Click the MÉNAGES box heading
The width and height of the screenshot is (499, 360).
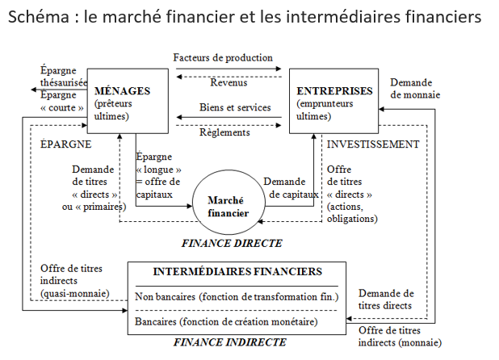tap(122, 90)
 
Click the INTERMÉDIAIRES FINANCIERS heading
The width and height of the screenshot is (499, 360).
tap(237, 272)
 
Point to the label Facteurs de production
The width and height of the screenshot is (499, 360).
tap(223, 58)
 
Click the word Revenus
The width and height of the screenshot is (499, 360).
tap(229, 82)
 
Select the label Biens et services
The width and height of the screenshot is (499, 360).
tap(235, 107)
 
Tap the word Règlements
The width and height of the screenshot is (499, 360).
tap(224, 132)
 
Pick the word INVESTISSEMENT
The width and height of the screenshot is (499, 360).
tap(372, 144)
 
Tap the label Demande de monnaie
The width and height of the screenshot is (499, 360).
tap(417, 89)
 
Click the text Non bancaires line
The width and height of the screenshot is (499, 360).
tap(237, 297)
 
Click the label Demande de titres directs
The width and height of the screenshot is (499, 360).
tap(386, 299)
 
